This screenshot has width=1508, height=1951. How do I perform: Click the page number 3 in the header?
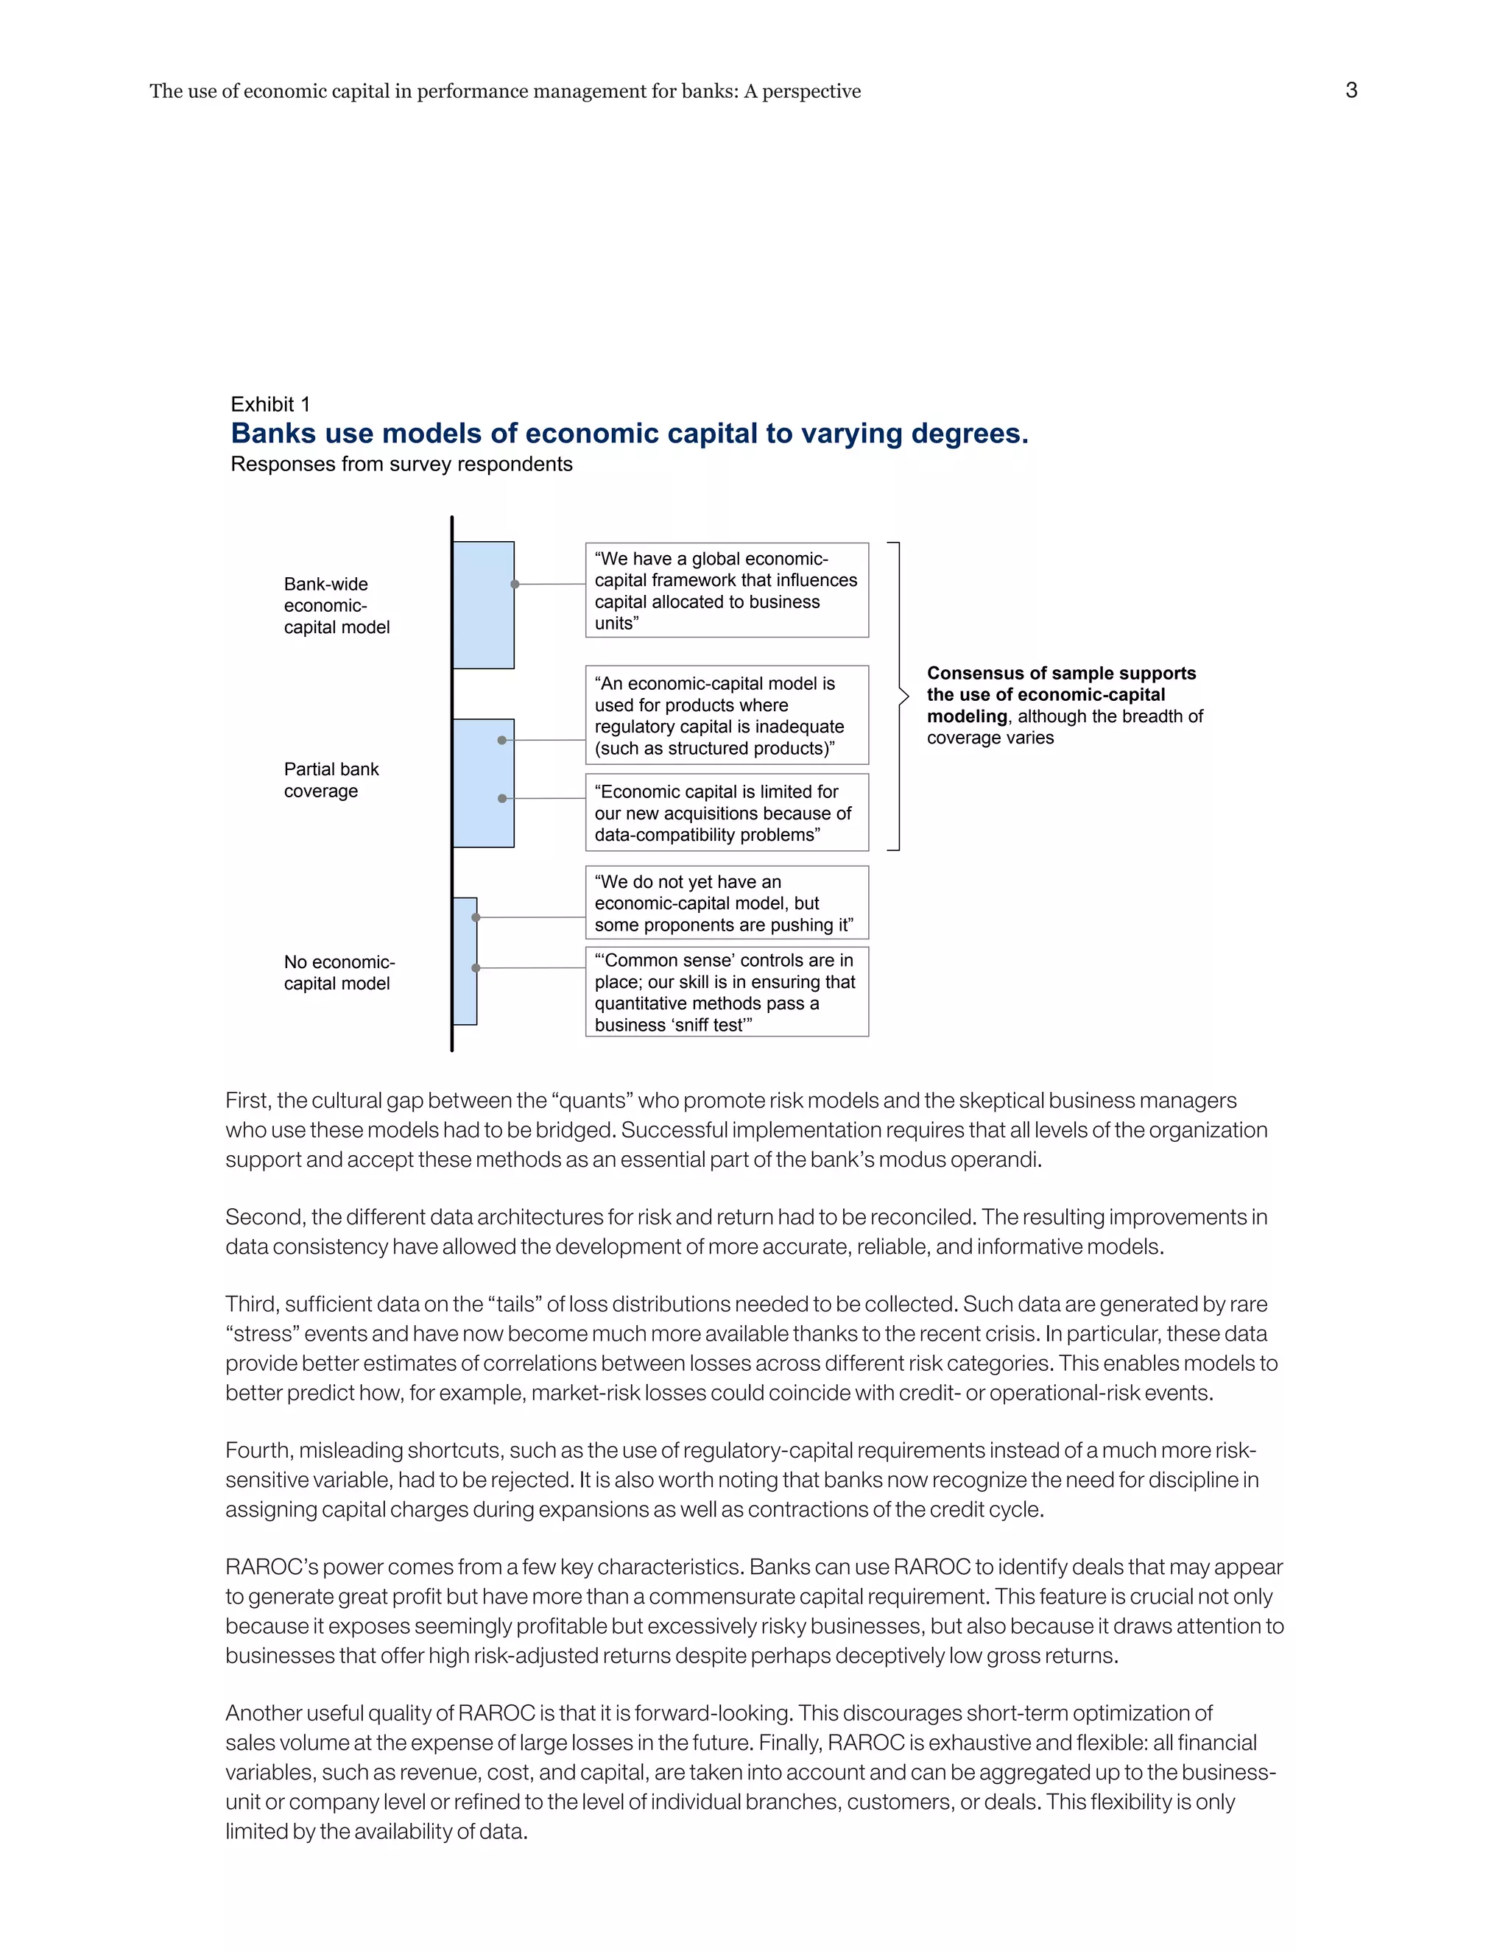click(x=1350, y=91)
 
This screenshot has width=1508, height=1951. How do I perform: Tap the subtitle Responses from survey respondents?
click(x=401, y=465)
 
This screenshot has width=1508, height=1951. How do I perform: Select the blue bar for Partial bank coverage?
click(x=483, y=783)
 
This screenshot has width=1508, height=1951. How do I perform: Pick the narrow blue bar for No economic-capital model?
click(x=465, y=962)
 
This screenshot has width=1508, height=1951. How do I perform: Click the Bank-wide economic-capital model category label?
click(x=336, y=606)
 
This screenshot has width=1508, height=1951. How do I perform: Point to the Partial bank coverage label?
click(x=331, y=780)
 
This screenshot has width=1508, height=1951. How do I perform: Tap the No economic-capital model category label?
click(x=339, y=973)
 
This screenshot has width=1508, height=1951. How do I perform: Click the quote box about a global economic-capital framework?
click(x=726, y=590)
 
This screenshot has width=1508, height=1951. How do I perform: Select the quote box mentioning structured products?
click(x=726, y=716)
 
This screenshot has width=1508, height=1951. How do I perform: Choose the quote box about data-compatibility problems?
click(x=726, y=813)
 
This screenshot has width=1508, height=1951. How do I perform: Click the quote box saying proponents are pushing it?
click(x=726, y=903)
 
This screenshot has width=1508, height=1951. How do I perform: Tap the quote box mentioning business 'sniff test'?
click(x=726, y=992)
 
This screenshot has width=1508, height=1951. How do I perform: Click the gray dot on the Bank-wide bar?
click(x=515, y=585)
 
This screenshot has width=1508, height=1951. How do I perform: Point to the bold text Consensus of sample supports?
click(x=1060, y=674)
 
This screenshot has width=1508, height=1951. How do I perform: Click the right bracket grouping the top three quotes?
click(x=900, y=696)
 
